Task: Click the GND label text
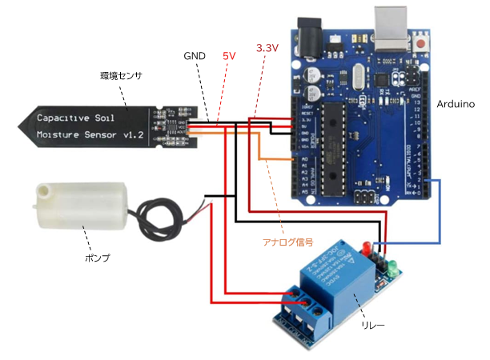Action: coord(195,56)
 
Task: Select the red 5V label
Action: coord(229,56)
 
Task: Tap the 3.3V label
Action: coord(267,48)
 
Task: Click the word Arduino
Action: coord(456,105)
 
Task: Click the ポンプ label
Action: coord(97,258)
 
